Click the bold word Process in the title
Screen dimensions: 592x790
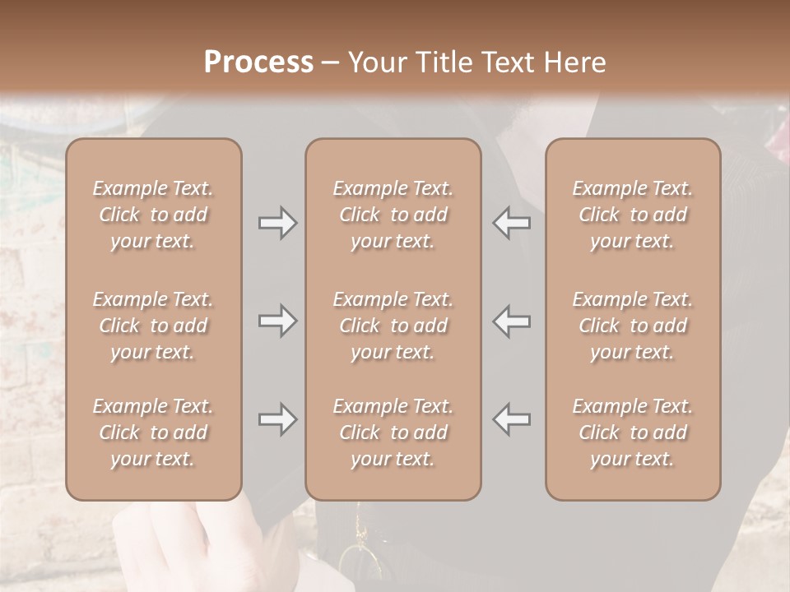(258, 62)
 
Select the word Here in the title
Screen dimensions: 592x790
(575, 62)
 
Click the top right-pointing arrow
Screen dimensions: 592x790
(278, 223)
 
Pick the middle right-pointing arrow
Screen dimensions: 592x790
(278, 321)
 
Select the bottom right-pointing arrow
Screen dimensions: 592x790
(278, 419)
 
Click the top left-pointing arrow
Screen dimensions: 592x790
(511, 223)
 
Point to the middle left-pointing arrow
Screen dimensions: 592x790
(511, 321)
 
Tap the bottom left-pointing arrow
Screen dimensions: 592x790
(511, 419)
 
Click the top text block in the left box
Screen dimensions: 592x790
(153, 215)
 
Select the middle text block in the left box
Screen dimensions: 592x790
(153, 326)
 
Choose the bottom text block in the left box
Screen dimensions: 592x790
(153, 432)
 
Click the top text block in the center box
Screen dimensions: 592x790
(393, 215)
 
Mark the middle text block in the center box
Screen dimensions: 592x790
(393, 326)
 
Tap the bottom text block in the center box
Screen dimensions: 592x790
(393, 432)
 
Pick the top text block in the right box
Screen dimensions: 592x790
(633, 215)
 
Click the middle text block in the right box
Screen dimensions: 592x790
(633, 326)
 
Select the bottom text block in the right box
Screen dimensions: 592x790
(633, 432)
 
